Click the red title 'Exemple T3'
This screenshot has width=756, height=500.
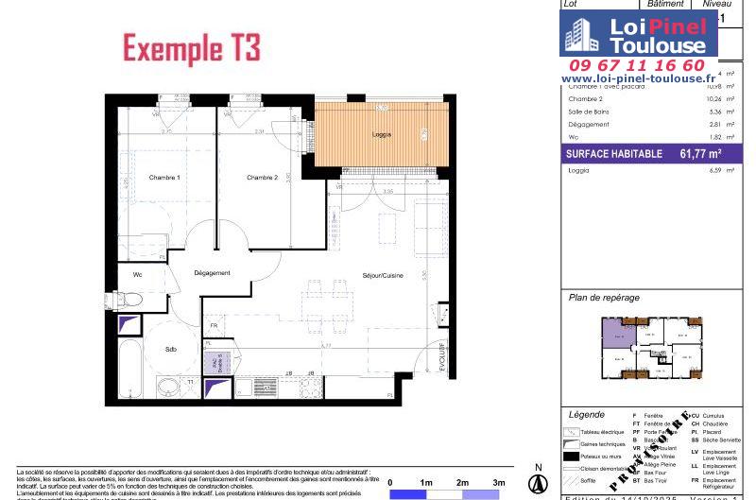pos(192,47)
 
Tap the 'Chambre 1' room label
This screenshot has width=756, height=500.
pos(164,178)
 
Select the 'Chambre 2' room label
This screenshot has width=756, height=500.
pos(262,178)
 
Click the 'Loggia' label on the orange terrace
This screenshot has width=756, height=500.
pos(382,135)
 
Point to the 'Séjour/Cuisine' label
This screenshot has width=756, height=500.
pos(383,276)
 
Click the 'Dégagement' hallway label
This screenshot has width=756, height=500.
pos(212,273)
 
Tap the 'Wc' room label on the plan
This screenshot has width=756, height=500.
pos(137,275)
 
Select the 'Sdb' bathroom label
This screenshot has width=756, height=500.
pos(170,349)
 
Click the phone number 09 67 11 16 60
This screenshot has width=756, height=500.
pos(638,65)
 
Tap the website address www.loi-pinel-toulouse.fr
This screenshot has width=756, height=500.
pos(638,78)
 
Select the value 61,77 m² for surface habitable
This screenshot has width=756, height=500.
pos(700,153)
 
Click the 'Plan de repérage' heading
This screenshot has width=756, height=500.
pos(604,297)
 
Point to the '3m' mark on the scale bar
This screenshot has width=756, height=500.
pos(497,482)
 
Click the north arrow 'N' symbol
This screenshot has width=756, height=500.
pos(538,468)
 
